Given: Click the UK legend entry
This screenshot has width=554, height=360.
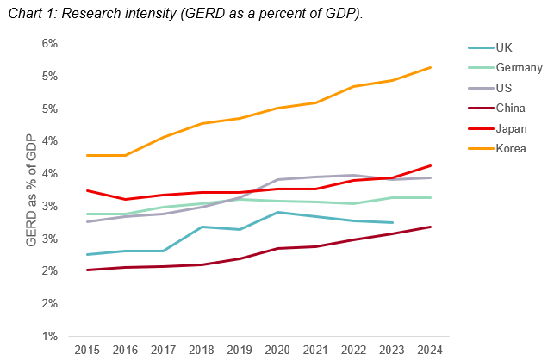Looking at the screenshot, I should (x=505, y=47).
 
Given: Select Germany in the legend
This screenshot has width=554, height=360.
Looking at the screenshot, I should (x=518, y=67).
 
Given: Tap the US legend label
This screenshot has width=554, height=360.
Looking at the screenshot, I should (x=504, y=88).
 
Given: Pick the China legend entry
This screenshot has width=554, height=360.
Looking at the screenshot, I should (x=511, y=109).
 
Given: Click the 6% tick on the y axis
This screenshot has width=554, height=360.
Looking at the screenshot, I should (x=48, y=43).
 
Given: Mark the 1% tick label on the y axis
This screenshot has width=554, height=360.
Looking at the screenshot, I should (x=48, y=336).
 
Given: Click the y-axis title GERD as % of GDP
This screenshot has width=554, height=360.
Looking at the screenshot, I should (x=32, y=189).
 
